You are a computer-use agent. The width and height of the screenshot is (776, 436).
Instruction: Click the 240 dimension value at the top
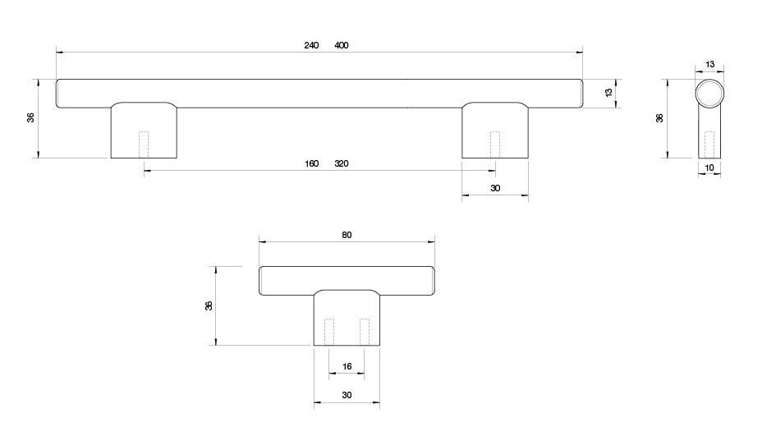311,45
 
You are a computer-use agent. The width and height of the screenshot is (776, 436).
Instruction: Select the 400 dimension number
342,45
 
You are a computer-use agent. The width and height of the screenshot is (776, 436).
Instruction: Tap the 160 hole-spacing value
311,163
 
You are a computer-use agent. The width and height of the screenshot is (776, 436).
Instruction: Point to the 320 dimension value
342,163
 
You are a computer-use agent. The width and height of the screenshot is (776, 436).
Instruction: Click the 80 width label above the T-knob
347,235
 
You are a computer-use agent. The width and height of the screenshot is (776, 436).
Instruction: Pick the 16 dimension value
347,366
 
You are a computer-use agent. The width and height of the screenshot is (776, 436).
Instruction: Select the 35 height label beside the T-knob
209,305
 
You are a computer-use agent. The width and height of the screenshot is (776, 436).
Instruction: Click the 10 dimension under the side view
710,168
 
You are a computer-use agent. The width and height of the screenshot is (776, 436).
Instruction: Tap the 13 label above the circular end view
709,63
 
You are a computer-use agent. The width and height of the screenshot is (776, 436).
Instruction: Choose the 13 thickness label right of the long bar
608,93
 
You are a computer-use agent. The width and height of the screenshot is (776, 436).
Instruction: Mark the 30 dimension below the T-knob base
347,395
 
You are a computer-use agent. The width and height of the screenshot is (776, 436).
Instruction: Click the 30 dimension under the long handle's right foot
495,188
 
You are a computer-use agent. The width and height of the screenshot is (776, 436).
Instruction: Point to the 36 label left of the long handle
31,117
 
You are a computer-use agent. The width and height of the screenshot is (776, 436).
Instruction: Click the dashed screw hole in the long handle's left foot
145,145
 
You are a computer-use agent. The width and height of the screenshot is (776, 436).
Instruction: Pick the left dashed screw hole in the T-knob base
330,331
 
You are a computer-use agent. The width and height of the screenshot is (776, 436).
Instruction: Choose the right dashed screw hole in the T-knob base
364,331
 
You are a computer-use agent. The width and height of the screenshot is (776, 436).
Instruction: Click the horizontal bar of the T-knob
347,279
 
